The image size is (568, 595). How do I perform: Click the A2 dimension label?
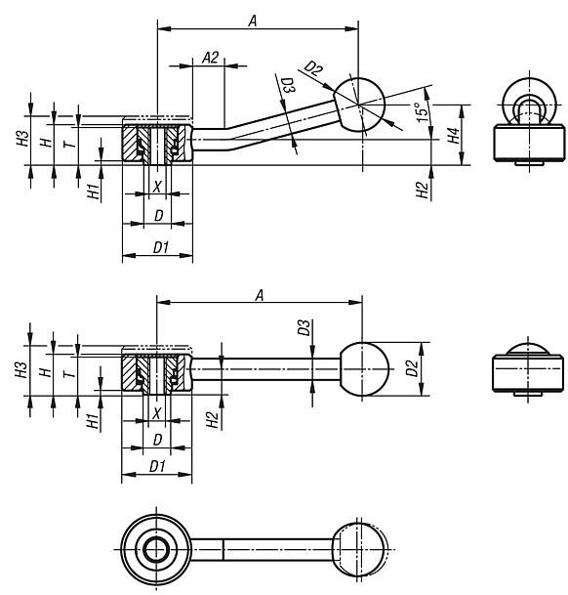211,58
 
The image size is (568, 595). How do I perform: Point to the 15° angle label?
420,113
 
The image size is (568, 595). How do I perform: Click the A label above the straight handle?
259,294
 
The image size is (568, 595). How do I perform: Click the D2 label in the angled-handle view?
313,69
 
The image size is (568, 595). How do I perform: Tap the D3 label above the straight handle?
304,327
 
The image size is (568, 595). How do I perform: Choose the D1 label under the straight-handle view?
158,467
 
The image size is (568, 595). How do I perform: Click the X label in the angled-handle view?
157,186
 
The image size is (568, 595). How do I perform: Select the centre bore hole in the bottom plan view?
157,551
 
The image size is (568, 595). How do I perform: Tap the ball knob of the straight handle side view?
362,369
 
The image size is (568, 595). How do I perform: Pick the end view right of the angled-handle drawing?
530,126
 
